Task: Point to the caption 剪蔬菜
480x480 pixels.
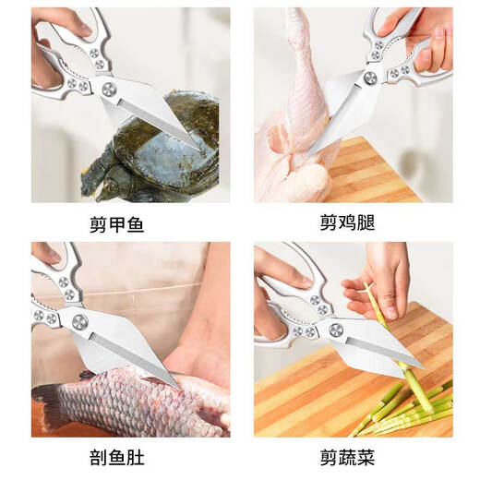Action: click(353, 455)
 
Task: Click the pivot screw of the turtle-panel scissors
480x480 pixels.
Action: click(109, 89)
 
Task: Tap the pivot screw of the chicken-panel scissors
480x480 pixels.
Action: click(370, 78)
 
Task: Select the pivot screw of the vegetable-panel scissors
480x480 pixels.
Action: click(336, 330)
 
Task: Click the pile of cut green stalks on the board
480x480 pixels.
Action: click(406, 406)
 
